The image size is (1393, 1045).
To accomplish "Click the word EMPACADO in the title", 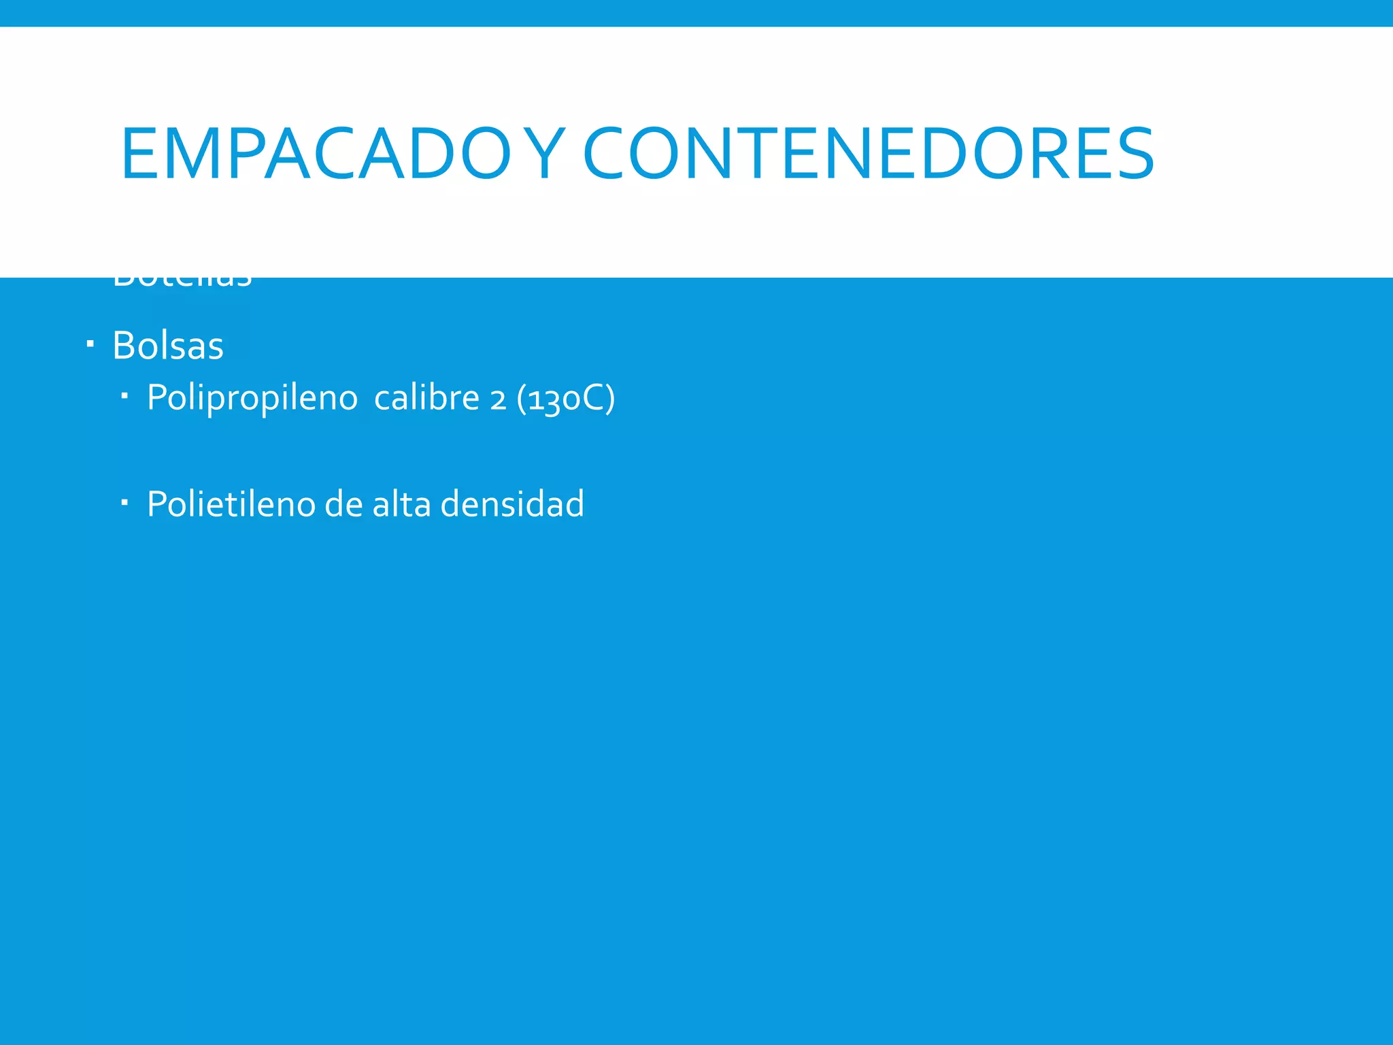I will [x=315, y=154].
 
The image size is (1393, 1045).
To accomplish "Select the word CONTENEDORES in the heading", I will [x=869, y=154].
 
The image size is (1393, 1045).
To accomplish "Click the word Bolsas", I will [x=168, y=346].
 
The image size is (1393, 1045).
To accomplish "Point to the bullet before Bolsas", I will [x=90, y=344].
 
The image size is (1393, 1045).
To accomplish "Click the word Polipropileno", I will [x=252, y=398].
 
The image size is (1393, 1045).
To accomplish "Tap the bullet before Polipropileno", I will [x=124, y=395].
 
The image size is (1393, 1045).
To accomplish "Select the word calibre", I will [x=426, y=397].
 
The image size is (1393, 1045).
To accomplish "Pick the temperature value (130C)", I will [x=566, y=399].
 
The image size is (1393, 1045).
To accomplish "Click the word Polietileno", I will [x=231, y=504].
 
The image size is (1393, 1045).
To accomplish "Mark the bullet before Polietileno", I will [x=124, y=502].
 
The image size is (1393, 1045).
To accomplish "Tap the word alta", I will [x=401, y=504].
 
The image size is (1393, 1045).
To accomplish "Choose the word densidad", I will [x=512, y=504].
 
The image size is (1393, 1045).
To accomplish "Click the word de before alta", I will [x=343, y=504].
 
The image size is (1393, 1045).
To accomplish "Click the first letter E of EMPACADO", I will [x=139, y=154].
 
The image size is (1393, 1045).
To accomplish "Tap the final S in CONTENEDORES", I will [x=1132, y=154].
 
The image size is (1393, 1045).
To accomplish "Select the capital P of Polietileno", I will [x=156, y=504].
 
